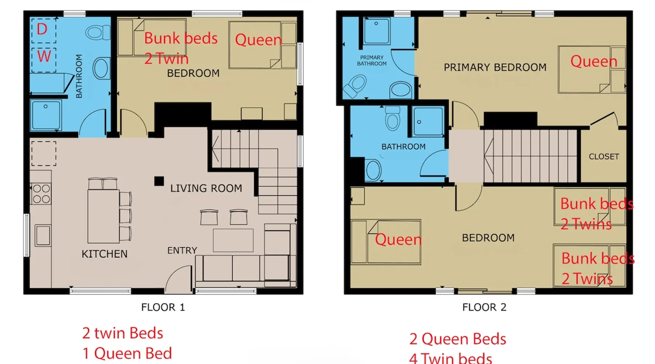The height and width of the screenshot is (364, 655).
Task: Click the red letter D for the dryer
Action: tap(42, 29)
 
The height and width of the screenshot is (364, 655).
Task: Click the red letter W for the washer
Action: tap(44, 56)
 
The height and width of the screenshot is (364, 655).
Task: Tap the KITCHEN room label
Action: tap(104, 254)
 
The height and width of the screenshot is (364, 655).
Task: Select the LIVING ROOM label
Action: tap(206, 188)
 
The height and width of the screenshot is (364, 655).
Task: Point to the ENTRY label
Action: tap(182, 250)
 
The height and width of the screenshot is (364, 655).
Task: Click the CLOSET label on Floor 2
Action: tap(604, 157)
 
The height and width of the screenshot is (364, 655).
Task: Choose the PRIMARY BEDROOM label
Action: tap(495, 67)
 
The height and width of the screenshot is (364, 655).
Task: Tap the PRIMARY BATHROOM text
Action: tap(372, 60)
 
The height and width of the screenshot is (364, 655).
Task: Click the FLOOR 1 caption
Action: tap(163, 307)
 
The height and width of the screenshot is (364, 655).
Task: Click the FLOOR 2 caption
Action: tap(484, 307)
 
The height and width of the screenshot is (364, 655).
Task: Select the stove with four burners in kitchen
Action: tap(41, 194)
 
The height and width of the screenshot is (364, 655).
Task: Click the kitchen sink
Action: tap(43, 236)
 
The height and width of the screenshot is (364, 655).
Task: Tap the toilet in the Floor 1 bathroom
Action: tap(98, 32)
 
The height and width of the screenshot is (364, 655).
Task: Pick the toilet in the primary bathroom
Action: tap(355, 86)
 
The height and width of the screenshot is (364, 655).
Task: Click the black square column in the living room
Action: tap(159, 181)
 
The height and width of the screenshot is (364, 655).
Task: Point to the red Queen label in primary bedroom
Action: tap(594, 61)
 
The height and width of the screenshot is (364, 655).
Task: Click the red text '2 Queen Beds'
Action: tap(458, 339)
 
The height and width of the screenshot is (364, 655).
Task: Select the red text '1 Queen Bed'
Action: tap(127, 353)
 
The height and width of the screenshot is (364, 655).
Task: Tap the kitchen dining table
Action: tap(103, 216)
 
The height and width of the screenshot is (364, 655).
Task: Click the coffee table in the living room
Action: tap(233, 240)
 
